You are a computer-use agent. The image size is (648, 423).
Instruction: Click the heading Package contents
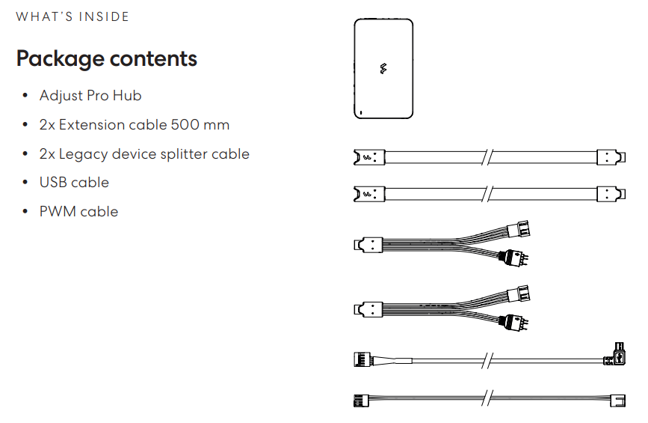click(107, 58)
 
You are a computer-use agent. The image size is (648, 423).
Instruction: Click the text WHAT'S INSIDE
click(72, 16)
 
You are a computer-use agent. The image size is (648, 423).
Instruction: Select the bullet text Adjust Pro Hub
click(90, 96)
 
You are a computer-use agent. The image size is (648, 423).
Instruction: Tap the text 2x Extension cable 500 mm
click(135, 125)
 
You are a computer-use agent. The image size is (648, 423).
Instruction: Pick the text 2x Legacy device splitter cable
click(144, 154)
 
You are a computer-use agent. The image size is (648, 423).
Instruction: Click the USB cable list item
click(74, 183)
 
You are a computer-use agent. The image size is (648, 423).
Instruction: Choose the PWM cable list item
click(78, 212)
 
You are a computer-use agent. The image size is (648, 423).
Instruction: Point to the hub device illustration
click(383, 68)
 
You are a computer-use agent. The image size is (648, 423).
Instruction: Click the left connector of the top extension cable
click(368, 157)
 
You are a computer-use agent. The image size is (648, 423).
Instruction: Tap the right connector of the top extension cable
click(611, 157)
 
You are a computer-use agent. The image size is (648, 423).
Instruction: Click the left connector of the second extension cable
click(368, 195)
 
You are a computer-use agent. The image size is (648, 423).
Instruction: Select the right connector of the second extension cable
click(611, 195)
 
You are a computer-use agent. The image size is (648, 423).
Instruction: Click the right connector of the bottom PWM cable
click(618, 399)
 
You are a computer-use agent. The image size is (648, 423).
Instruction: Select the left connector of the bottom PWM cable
click(360, 399)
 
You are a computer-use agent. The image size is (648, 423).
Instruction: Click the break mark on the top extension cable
click(487, 157)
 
